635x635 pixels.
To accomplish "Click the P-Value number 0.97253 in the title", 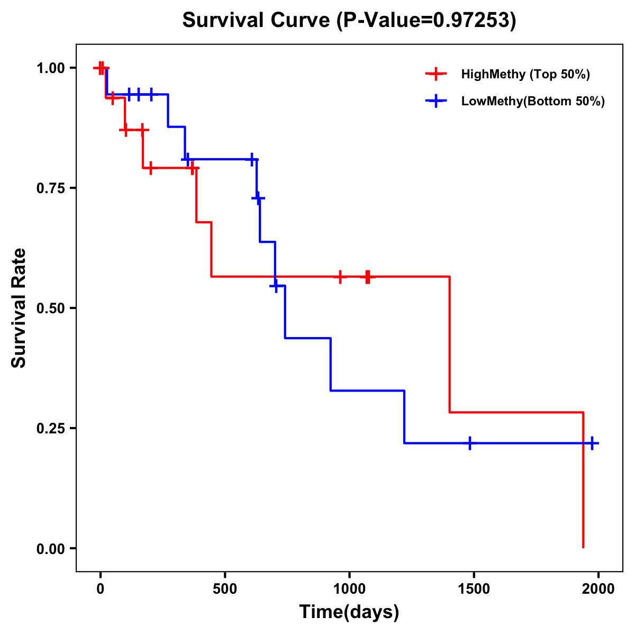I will (472, 21).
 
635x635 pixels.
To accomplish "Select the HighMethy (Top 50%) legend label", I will (525, 74).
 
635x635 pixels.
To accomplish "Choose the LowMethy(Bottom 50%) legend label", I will (532, 101).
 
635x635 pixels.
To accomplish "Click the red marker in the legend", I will (436, 74).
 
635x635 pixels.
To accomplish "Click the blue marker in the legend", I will (436, 101).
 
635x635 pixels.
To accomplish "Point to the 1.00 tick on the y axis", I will (50, 68).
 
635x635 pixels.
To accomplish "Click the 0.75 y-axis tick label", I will (50, 188).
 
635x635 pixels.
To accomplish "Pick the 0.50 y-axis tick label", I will (50, 309).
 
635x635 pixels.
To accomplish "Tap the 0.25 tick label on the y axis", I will (50, 429).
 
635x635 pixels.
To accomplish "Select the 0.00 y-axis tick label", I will (50, 549).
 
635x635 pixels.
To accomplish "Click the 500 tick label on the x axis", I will (225, 588).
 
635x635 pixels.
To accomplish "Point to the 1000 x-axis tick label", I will (349, 588).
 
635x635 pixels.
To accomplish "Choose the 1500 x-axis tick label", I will (474, 588).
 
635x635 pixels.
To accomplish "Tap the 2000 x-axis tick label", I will (598, 588).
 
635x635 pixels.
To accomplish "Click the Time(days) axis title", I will (349, 612).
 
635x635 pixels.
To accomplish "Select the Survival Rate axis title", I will (19, 308).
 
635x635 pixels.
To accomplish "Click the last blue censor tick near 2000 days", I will (592, 443).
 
